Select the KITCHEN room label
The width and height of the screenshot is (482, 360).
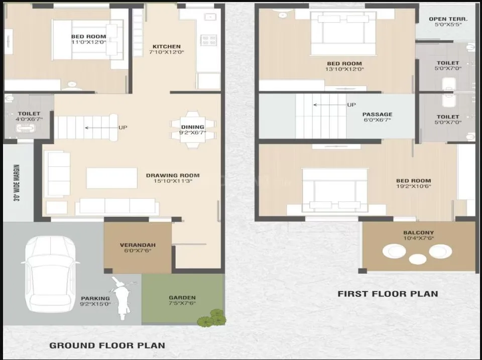click(166, 47)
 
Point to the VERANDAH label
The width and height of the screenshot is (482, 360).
click(138, 245)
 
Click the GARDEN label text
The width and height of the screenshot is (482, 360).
click(182, 297)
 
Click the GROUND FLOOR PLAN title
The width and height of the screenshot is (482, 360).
click(106, 345)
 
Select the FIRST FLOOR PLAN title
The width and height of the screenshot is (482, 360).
click(388, 294)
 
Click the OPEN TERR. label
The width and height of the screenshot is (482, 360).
click(448, 19)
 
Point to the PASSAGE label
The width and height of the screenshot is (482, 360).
click(377, 114)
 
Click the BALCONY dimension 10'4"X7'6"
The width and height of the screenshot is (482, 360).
click(418, 238)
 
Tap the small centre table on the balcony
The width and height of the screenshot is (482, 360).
click(417, 259)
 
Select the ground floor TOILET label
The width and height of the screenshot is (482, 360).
click(29, 114)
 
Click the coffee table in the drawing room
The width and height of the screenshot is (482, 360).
click(111, 178)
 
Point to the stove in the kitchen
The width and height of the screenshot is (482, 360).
click(208, 40)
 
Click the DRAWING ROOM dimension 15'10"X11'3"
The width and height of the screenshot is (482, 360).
click(172, 181)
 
